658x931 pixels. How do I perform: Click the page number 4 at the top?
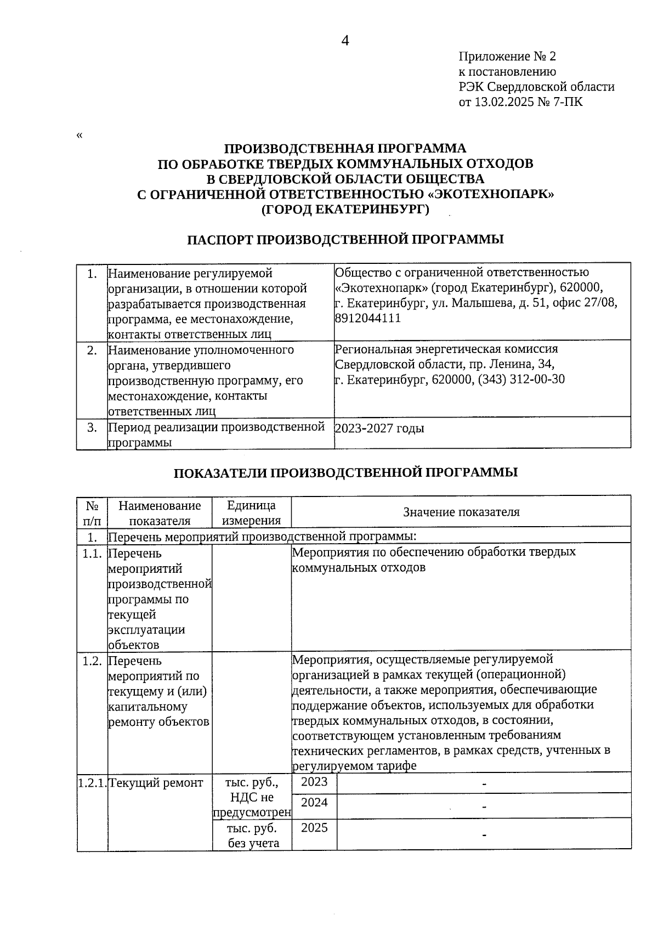point(345,41)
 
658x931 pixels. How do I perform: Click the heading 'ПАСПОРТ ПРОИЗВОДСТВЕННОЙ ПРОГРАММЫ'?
point(345,239)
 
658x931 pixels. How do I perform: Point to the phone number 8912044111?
point(367,318)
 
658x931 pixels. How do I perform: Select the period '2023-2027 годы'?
point(379,428)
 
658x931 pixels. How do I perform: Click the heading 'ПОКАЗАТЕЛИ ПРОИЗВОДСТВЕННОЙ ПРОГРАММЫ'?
point(345,472)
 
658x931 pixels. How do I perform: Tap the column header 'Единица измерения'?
point(251,512)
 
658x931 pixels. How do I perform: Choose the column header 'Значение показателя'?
point(461,512)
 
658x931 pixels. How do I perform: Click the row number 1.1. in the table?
point(92,554)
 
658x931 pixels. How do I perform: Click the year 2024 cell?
point(314,803)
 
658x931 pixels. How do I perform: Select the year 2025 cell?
point(314,827)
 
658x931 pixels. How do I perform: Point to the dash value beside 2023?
point(484,785)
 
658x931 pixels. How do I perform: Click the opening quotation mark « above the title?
point(80,136)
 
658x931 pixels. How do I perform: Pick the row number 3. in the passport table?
point(92,427)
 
